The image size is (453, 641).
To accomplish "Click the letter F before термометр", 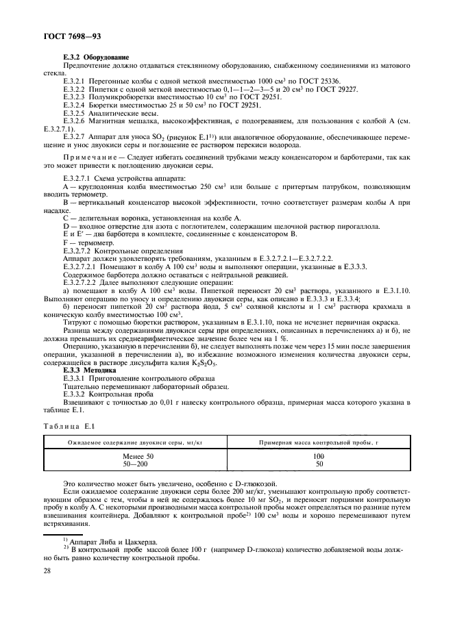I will tap(65, 242).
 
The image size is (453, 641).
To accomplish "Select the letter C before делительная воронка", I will tap(66, 217).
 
